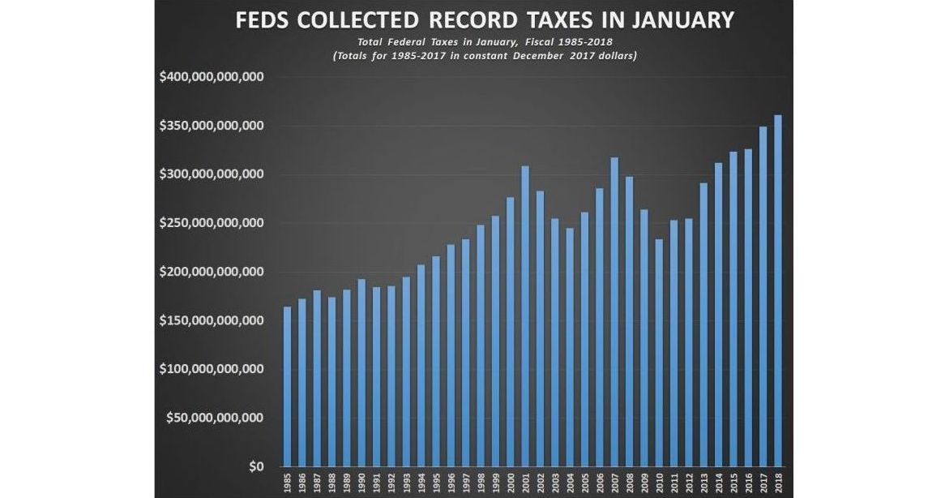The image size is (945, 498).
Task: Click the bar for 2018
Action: (x=778, y=291)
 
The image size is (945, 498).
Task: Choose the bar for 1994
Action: (x=421, y=366)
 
